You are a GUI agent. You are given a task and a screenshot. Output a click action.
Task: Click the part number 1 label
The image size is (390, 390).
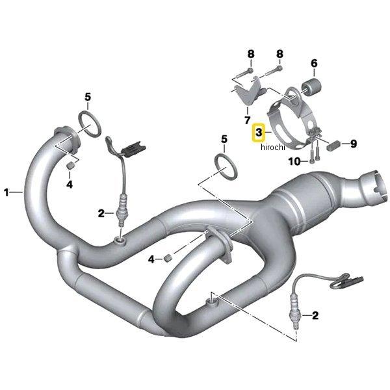pyautogui.click(x=7, y=192)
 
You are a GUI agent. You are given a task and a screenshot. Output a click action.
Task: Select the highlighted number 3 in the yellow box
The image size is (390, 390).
pyautogui.click(x=259, y=133)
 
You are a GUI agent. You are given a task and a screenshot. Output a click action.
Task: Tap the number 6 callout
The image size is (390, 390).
pyautogui.click(x=313, y=63)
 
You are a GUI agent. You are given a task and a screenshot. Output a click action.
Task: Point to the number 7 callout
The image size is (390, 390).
pyautogui.click(x=247, y=120)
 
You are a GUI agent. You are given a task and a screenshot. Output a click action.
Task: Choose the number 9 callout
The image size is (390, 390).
pyautogui.click(x=354, y=144)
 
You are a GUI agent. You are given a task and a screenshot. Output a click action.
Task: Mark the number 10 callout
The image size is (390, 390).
pyautogui.click(x=294, y=161)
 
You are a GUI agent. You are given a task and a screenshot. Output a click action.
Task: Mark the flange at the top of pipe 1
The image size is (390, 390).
pyautogui.click(x=66, y=137)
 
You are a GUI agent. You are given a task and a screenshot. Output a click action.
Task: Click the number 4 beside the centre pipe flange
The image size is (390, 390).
pyautogui.click(x=151, y=259)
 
